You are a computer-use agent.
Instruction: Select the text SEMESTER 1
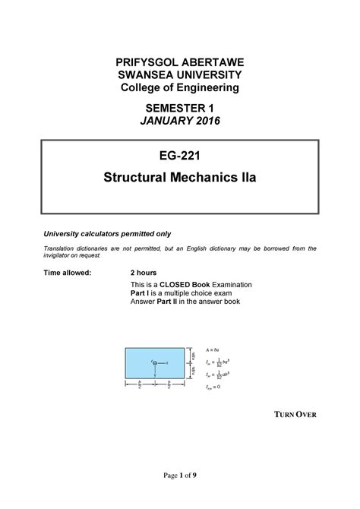180,110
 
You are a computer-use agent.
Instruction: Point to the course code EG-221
180,160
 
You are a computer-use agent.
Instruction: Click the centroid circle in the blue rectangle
156,363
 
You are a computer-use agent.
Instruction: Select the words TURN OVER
295,415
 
